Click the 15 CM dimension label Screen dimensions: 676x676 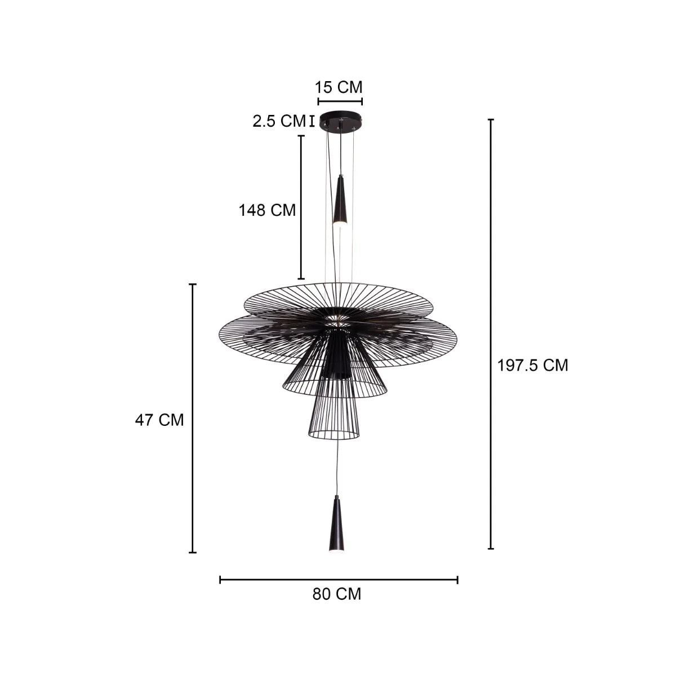339,87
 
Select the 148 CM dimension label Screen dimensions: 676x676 267,210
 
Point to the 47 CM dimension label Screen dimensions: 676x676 159,420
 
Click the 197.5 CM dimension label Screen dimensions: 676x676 532,365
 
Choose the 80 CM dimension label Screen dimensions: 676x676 337,594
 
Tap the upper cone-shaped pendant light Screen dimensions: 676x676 340,200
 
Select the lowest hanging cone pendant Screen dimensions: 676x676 336,524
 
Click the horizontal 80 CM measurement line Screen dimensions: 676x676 338,579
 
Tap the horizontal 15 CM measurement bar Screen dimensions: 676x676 340,101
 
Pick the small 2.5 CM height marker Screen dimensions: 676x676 312,121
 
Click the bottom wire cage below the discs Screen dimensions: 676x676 335,417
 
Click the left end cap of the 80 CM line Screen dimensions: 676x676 220,579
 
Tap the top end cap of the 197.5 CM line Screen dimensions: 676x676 491,120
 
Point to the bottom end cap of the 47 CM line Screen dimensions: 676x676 193,552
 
